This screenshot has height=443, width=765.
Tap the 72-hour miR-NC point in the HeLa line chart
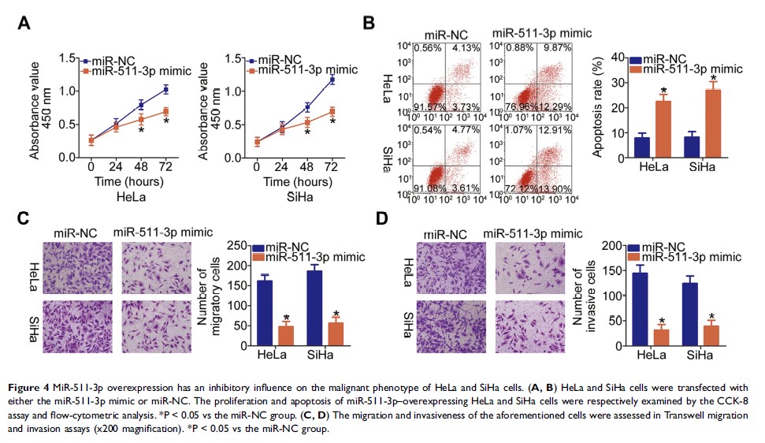click(165, 89)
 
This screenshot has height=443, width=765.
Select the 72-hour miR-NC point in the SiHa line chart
click(332, 80)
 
